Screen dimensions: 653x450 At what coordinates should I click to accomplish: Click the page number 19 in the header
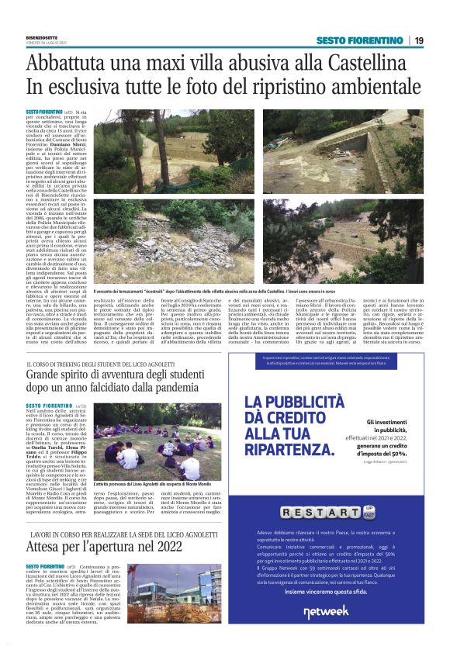tap(418, 40)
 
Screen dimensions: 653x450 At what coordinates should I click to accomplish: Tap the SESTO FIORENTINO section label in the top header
tap(359, 40)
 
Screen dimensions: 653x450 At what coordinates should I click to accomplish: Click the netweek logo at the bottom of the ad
tap(326, 612)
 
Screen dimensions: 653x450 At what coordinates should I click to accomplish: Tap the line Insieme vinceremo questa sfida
tap(325, 591)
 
